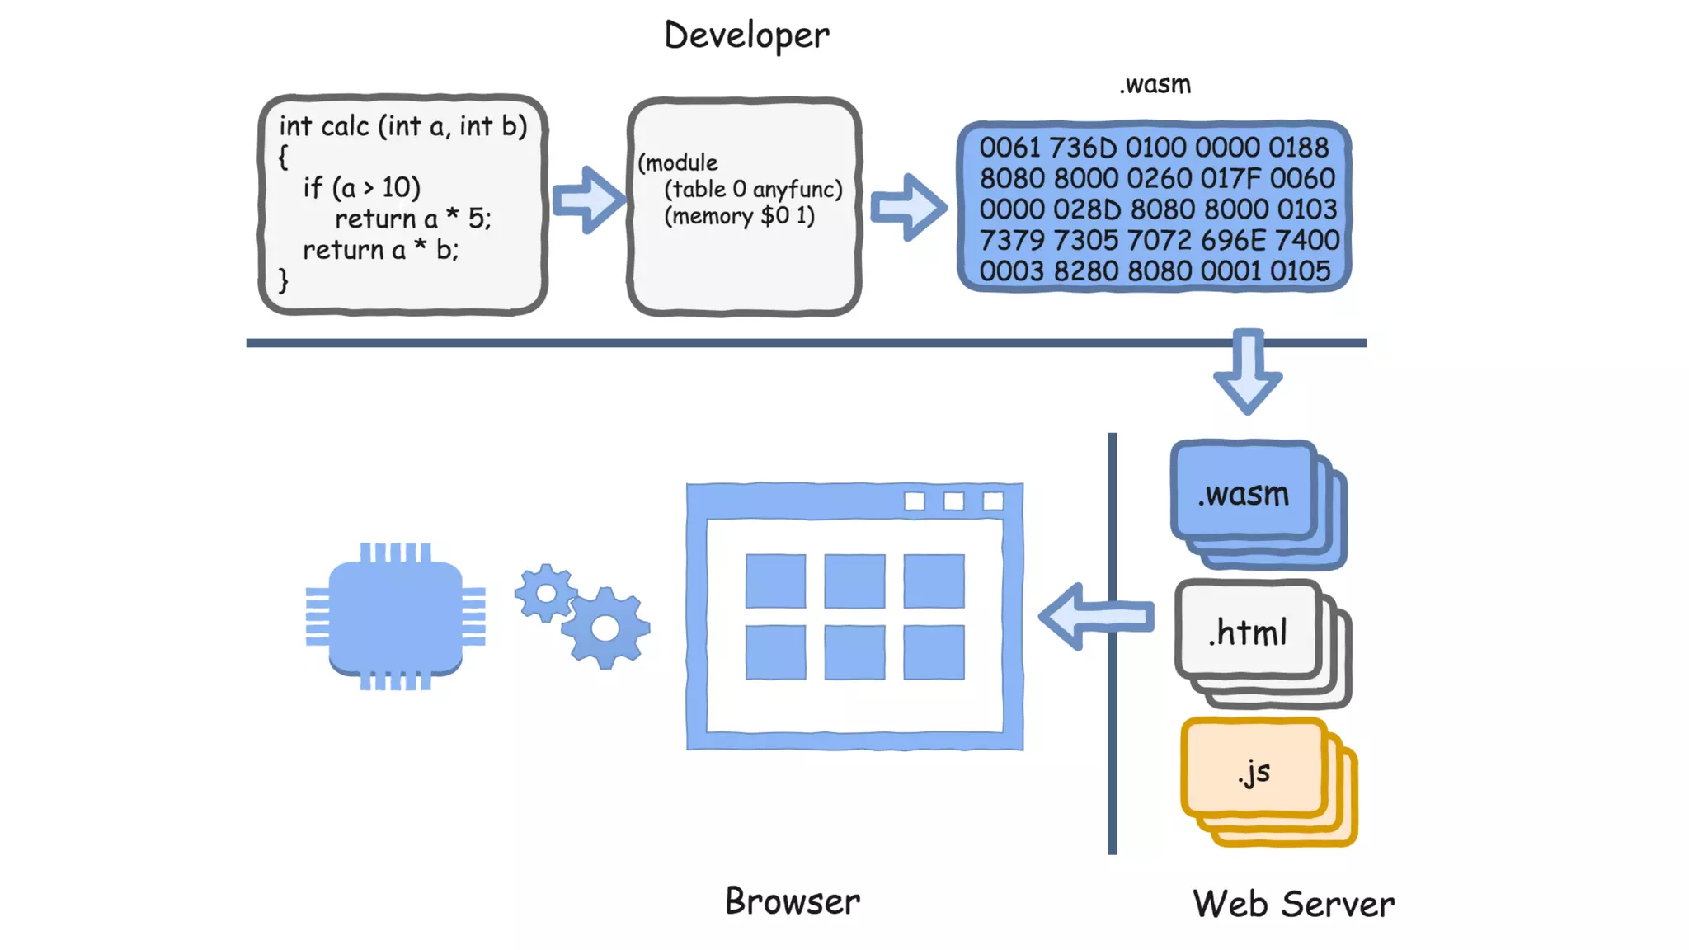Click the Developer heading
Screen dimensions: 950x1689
(x=746, y=35)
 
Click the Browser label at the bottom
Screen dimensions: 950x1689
(x=792, y=901)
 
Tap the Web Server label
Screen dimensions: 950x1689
(x=1293, y=905)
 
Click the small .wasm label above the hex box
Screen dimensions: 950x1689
(x=1155, y=85)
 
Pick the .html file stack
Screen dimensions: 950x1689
(x=1248, y=633)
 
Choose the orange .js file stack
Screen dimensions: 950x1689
(x=1254, y=772)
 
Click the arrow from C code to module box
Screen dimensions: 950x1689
(x=588, y=200)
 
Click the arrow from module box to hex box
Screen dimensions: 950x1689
(x=908, y=206)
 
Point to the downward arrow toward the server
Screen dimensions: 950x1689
(x=1248, y=371)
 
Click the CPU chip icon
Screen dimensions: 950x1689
(x=396, y=616)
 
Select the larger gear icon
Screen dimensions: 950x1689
(x=605, y=628)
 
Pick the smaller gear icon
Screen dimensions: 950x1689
(x=545, y=592)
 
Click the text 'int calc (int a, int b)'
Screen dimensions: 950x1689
(x=402, y=126)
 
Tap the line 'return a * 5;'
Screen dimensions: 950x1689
(x=412, y=219)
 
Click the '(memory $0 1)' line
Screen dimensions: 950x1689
(x=739, y=216)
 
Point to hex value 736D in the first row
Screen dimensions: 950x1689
(x=1083, y=148)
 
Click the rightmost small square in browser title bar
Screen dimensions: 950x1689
(x=993, y=501)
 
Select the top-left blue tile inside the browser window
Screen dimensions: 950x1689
(x=775, y=581)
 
